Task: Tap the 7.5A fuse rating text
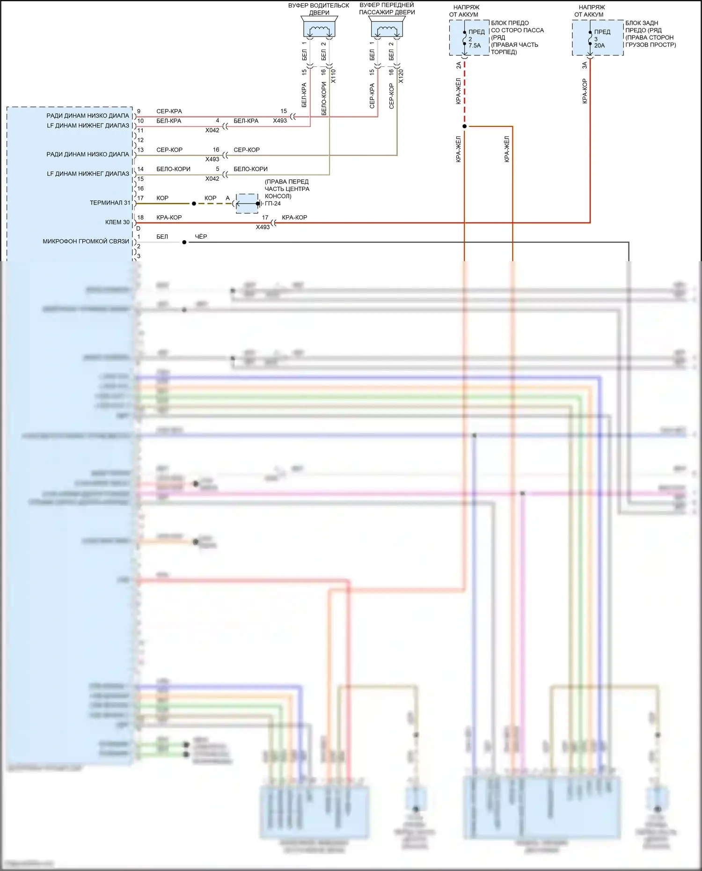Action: click(x=475, y=46)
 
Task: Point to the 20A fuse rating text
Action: click(x=600, y=46)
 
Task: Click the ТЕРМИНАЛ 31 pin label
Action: click(x=110, y=203)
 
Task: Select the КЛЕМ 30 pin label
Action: click(x=117, y=222)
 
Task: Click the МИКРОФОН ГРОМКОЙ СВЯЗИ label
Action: click(x=86, y=242)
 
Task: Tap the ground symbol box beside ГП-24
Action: click(x=247, y=204)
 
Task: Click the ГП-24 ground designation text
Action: click(x=273, y=204)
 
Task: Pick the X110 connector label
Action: click(x=333, y=76)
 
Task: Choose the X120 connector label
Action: click(x=401, y=76)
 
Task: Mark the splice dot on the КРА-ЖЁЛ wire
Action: click(x=464, y=126)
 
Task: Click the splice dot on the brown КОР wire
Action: click(x=194, y=204)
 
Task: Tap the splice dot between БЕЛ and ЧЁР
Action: click(x=184, y=242)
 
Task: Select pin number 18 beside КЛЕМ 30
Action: click(x=140, y=218)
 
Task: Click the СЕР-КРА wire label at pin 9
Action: click(x=169, y=111)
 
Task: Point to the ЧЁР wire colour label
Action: click(x=201, y=237)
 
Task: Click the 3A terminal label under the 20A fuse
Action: click(x=585, y=65)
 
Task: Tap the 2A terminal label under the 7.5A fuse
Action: click(x=459, y=65)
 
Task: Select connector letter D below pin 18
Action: click(x=138, y=228)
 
